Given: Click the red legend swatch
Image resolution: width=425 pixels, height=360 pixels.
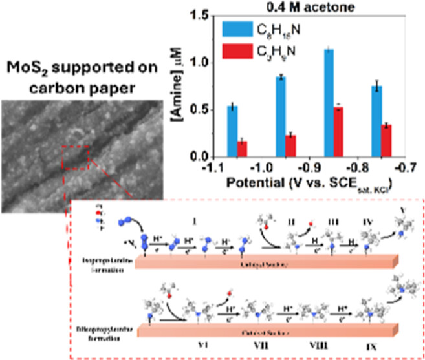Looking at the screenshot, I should [235, 52].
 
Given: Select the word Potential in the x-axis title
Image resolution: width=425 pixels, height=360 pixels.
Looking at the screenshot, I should [250, 183].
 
